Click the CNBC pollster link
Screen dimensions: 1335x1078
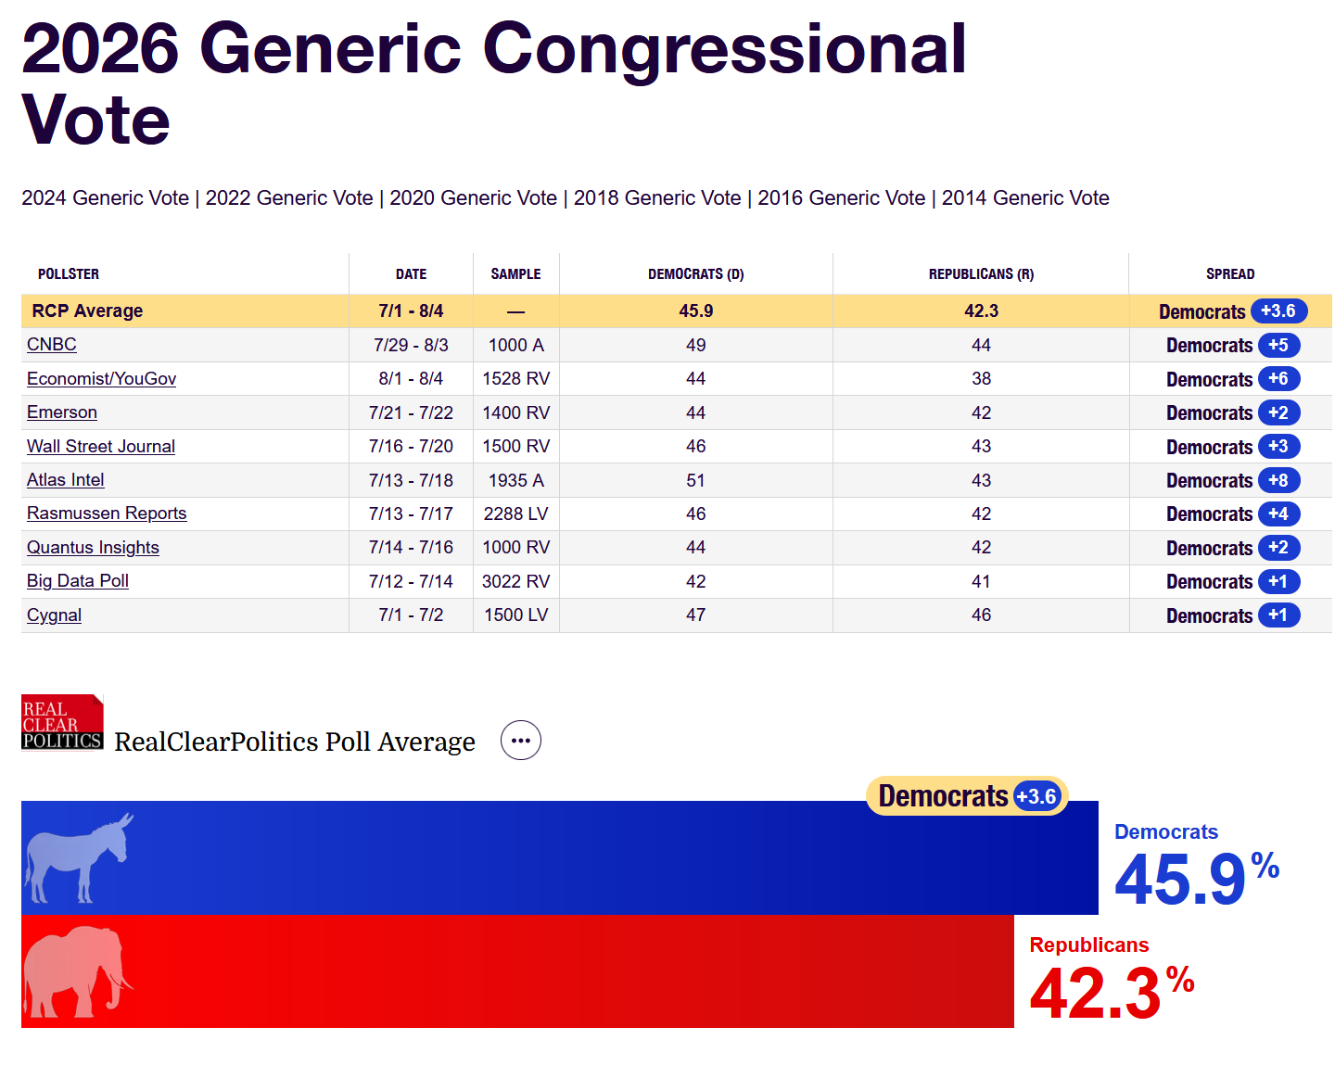coord(51,345)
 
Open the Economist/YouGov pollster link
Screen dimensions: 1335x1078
coord(101,378)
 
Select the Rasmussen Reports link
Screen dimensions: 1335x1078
coord(107,514)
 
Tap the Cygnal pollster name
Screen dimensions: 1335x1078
coord(54,615)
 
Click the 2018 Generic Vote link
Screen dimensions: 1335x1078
coord(657,198)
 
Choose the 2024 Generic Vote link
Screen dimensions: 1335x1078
coord(106,198)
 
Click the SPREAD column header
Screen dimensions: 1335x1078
coord(1230,273)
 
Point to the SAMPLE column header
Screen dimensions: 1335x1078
coord(515,273)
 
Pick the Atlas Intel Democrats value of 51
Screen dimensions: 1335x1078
coord(695,480)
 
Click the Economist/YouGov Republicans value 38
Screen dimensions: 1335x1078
coord(982,378)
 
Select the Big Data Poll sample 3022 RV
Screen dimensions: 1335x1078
coord(515,581)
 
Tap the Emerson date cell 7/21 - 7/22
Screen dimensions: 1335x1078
coord(411,412)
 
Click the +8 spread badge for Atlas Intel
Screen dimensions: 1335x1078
coord(1278,480)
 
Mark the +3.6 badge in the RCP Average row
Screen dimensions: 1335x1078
coord(1278,311)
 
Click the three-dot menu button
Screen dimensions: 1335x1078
coord(521,741)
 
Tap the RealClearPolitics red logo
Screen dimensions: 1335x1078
coord(62,722)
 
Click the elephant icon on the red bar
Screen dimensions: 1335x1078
coord(78,971)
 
